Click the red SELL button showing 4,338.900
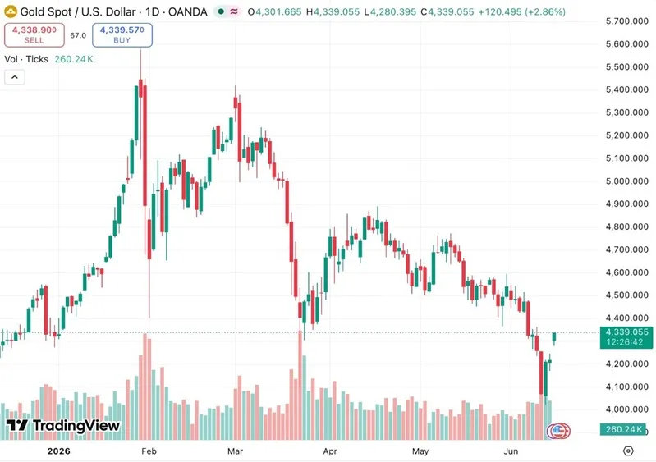34,35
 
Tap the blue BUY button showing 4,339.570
122,35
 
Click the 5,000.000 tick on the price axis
626,181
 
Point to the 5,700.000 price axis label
626,21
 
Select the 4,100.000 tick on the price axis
626,387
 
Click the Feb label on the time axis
149,451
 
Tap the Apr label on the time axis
330,451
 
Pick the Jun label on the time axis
511,451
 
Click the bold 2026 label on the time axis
58,451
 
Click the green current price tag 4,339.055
626,337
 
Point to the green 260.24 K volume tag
624,429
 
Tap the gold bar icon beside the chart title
10,11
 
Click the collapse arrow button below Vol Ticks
15,77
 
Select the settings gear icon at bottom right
628,451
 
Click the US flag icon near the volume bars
558,431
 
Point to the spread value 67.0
78,35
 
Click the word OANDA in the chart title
187,11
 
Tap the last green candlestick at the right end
554,337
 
